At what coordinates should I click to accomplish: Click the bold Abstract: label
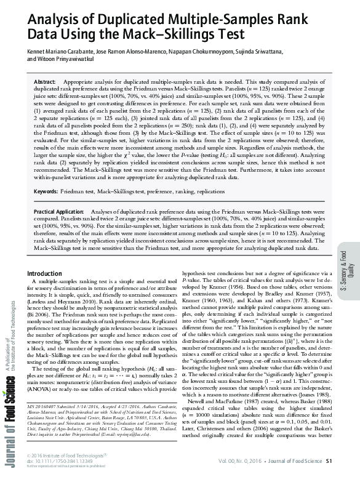44,82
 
